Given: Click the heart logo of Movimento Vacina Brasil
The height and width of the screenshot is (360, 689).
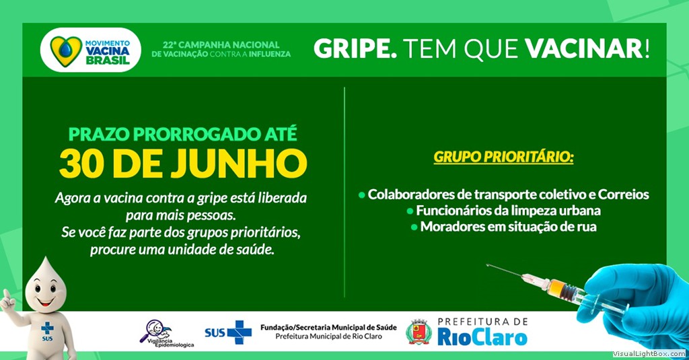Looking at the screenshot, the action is coord(66,50).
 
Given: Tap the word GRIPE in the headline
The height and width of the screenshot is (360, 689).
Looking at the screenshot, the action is coord(355,49).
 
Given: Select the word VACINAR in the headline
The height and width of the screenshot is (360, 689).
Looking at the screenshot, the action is coord(584,48).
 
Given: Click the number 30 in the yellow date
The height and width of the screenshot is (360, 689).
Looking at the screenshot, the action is coord(82,164).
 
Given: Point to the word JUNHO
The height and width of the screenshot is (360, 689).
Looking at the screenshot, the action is coord(239,164).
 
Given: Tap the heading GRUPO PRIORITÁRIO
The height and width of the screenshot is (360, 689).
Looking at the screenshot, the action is coord(503,157).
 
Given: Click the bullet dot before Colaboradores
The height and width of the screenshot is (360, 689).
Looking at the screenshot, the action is coord(361,194).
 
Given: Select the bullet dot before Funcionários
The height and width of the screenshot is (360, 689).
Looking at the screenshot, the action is coord(410,211).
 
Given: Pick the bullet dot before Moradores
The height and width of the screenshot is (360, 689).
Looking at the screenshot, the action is coord(414,227).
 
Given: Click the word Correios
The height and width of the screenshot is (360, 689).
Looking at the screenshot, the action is coord(624,194).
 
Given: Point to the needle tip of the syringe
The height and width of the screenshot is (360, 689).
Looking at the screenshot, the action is coord(487,265).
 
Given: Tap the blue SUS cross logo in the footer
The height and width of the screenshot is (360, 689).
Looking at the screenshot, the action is coord(238,332).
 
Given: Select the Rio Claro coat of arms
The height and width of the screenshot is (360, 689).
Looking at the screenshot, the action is coord(419,332).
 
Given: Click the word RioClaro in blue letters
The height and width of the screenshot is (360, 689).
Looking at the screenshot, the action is coord(482,338).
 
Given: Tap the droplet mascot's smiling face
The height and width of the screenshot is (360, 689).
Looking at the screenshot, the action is coord(46,293).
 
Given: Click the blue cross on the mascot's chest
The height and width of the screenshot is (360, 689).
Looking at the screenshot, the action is coord(47,328).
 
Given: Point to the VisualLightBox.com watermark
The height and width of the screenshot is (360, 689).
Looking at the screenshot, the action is coord(649,354).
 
